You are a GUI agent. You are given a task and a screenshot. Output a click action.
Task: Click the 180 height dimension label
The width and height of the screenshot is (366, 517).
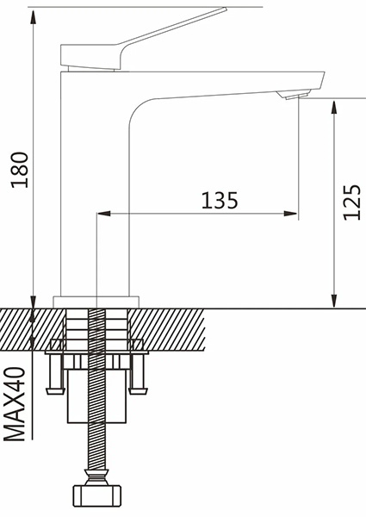20,170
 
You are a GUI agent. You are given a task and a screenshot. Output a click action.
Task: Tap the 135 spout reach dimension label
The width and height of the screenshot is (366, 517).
220,200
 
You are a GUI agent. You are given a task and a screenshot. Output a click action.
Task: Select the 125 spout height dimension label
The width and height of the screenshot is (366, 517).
352,202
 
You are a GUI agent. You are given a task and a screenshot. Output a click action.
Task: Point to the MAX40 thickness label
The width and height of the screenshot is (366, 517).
15,404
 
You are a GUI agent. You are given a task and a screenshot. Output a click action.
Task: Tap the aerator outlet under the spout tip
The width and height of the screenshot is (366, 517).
294,95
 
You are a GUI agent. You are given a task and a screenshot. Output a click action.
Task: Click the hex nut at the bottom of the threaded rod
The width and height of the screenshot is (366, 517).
96,495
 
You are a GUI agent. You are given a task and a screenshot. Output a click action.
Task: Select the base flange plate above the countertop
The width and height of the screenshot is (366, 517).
96,302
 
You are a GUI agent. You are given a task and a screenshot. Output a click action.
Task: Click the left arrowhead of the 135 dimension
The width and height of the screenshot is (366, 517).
103,214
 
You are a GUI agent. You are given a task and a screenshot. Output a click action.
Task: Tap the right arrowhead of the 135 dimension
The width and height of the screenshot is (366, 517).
290,214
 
